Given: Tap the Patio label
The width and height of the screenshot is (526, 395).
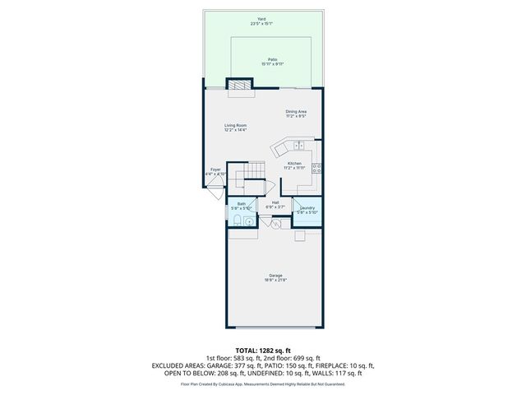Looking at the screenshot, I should pyautogui.click(x=271, y=59).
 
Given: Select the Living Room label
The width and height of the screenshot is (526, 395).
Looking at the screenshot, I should pyautogui.click(x=236, y=125).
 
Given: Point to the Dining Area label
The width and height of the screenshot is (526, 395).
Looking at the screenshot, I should pyautogui.click(x=296, y=112).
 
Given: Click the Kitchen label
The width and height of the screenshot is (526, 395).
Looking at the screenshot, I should pyautogui.click(x=294, y=164).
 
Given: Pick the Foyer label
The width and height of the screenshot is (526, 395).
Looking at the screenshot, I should pyautogui.click(x=215, y=170).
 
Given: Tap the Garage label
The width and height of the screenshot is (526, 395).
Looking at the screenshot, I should pyautogui.click(x=275, y=275).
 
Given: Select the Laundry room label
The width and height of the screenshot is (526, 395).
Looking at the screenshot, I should pyautogui.click(x=307, y=209).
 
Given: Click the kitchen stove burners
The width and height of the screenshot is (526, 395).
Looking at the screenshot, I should pyautogui.click(x=316, y=167).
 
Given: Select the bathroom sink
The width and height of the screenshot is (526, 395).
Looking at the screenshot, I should pyautogui.click(x=249, y=220).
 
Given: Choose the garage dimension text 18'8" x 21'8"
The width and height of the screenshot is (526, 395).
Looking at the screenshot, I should pyautogui.click(x=275, y=280).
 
